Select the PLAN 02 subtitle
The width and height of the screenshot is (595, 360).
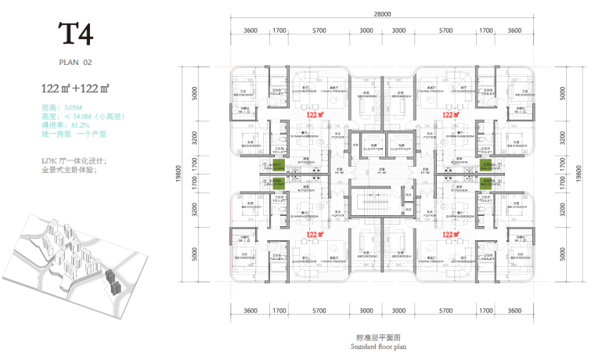point(76,61)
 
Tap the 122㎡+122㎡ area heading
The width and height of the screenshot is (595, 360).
point(75,88)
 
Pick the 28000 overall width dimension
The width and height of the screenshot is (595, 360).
point(383,15)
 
